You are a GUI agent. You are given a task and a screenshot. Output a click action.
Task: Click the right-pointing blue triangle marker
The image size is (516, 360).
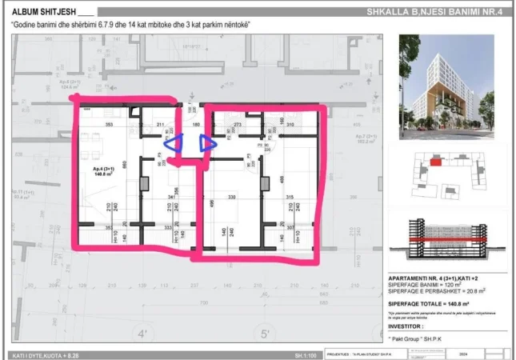(207, 144)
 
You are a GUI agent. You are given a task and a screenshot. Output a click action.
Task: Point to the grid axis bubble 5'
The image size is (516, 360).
(266, 334)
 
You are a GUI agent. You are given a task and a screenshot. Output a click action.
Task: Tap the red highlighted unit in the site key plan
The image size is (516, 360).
(436, 162)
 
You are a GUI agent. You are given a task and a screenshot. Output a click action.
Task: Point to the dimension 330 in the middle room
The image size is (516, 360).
(232, 198)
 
